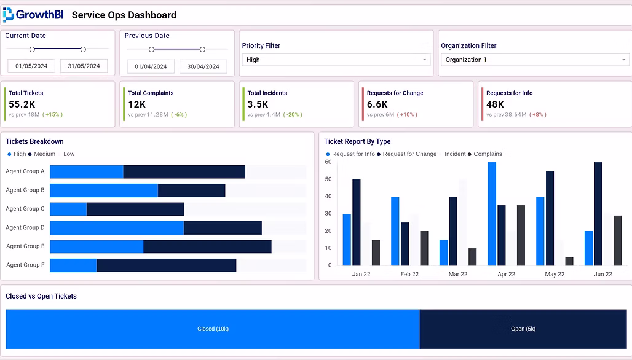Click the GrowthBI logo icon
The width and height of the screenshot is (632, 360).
[x=8, y=15]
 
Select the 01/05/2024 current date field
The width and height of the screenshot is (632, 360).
[x=31, y=66]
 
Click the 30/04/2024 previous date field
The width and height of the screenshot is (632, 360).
[x=203, y=66]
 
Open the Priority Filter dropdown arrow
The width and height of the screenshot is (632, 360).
[x=424, y=60]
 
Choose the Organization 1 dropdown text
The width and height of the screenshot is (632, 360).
[x=466, y=60]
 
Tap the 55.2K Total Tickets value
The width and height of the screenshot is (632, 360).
[x=22, y=104]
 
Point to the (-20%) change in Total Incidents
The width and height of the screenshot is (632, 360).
[x=293, y=115]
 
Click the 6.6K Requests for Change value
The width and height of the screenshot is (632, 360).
[x=377, y=104]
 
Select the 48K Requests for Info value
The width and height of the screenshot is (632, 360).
[x=495, y=104]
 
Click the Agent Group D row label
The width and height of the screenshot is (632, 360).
[x=25, y=227]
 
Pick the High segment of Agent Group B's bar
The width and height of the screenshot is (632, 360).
[x=104, y=190]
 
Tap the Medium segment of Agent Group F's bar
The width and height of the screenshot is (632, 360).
[x=167, y=265]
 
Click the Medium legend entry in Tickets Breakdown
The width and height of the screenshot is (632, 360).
[x=42, y=154]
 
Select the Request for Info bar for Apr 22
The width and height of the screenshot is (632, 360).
[x=492, y=214]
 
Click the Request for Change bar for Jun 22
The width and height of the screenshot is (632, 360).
[x=598, y=214]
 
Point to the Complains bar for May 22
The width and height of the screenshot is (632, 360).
[x=569, y=261]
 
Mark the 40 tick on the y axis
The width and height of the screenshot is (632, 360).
[x=328, y=197]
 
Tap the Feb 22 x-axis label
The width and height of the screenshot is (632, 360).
[x=409, y=274]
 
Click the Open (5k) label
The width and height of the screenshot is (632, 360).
[x=523, y=329]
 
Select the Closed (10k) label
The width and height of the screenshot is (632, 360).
[x=213, y=329]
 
